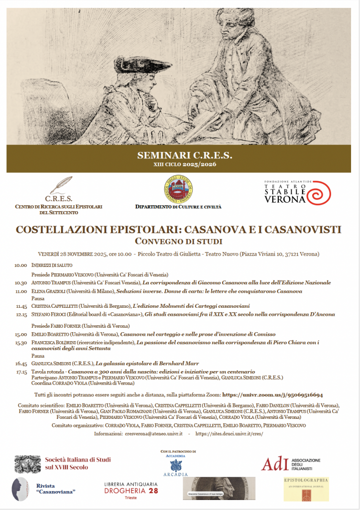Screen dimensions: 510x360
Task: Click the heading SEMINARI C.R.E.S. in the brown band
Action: pos(184,155)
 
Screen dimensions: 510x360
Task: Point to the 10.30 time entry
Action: pos(21,282)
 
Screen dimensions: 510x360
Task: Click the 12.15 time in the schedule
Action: pos(21,314)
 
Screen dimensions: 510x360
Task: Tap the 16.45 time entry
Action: pos(21,364)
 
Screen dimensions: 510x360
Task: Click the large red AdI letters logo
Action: pos(275,464)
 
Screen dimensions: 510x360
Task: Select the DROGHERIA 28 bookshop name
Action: pos(131,491)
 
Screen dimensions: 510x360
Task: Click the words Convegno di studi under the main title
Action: pos(178,242)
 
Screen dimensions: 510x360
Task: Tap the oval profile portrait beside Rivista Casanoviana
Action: pos(20,488)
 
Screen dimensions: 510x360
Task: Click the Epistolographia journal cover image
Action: pos(306,489)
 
